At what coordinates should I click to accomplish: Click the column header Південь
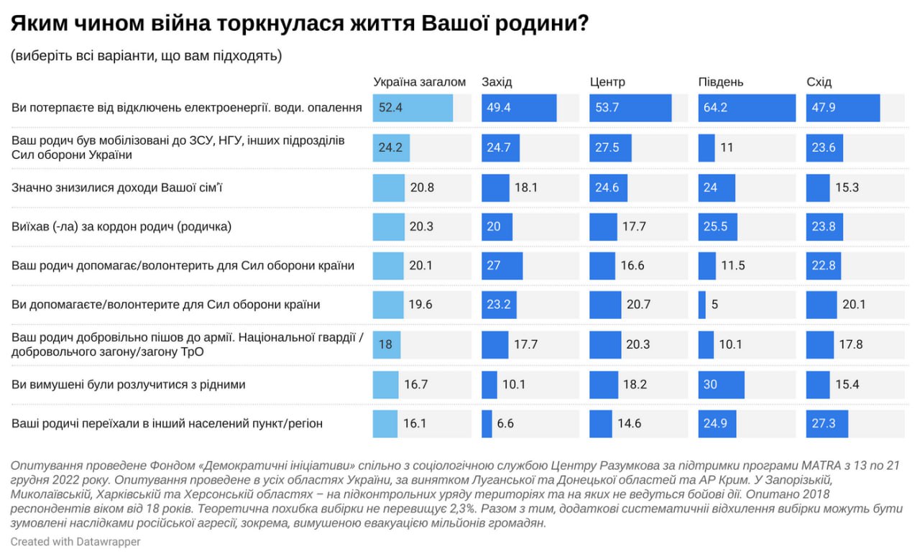click(x=721, y=82)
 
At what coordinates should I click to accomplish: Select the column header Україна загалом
click(x=420, y=82)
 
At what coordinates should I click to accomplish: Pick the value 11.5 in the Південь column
click(x=734, y=265)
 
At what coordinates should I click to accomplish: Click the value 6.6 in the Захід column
click(x=505, y=423)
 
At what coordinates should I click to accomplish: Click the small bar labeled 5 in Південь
click(x=701, y=305)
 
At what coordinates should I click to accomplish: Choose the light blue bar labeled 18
click(x=386, y=344)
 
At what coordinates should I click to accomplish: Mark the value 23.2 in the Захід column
click(x=497, y=305)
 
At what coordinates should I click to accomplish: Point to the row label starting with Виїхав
click(x=121, y=226)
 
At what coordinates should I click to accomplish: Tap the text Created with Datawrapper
click(x=75, y=541)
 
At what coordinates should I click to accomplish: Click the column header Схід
click(x=819, y=82)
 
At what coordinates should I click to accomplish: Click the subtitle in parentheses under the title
click(x=146, y=55)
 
